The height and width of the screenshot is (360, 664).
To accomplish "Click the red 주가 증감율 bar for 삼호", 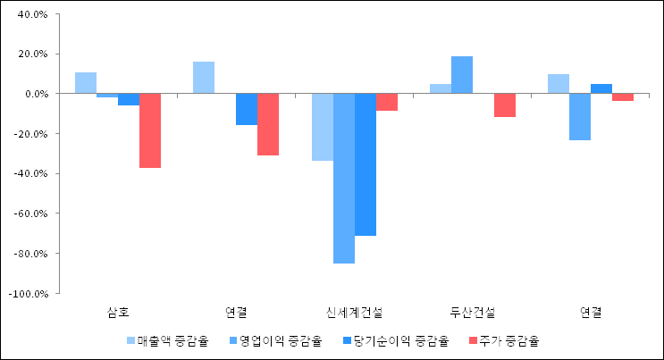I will click(x=150, y=130).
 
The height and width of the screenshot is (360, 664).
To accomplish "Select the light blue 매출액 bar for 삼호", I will click(x=86, y=83).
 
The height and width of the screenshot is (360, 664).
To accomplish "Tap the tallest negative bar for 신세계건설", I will click(x=344, y=179).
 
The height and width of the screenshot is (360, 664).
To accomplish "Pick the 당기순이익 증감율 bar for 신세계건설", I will click(x=366, y=164).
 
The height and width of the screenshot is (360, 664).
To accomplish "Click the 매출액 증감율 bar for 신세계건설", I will click(x=323, y=127).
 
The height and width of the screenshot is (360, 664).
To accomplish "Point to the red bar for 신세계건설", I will click(x=387, y=102).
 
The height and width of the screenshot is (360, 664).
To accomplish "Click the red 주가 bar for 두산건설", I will click(x=505, y=105).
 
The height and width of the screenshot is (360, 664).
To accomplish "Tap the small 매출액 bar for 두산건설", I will click(x=441, y=88).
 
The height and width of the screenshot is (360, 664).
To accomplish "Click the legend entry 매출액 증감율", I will click(x=167, y=340).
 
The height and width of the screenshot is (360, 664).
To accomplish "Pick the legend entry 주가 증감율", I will click(x=505, y=340).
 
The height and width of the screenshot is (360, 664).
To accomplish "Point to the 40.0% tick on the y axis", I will click(x=32, y=14).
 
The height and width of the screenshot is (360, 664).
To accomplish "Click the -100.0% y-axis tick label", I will click(x=29, y=293).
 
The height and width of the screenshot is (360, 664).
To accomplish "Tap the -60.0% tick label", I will click(x=30, y=213).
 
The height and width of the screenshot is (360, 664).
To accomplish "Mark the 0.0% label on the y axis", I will click(x=35, y=94).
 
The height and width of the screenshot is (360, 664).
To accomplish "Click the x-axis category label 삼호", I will click(x=118, y=313).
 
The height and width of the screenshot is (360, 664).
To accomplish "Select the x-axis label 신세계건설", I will click(x=355, y=313).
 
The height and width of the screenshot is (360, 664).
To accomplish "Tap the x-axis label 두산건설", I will click(x=473, y=313).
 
